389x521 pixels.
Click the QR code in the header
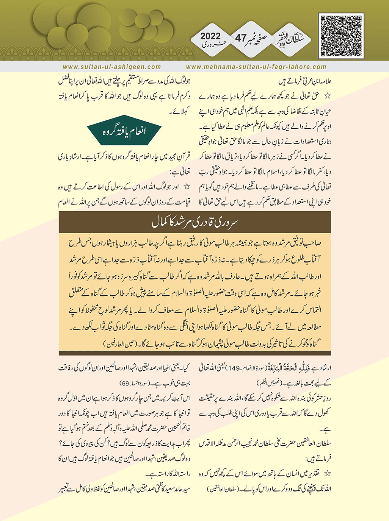click(341, 36)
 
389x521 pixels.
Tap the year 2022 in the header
click(210, 36)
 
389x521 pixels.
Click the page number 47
click(241, 38)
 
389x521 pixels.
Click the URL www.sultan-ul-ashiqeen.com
click(112, 67)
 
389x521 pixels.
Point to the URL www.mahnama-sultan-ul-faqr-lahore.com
click(256, 67)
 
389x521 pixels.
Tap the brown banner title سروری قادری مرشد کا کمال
click(194, 222)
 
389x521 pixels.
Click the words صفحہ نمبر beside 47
click(263, 37)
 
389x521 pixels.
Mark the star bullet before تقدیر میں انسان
click(327, 473)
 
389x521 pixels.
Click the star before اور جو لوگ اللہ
click(186, 187)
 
